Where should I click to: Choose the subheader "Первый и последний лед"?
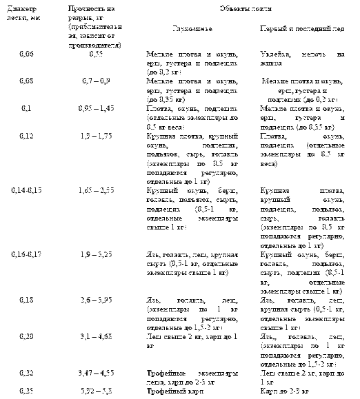pyautogui.click(x=300, y=32)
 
